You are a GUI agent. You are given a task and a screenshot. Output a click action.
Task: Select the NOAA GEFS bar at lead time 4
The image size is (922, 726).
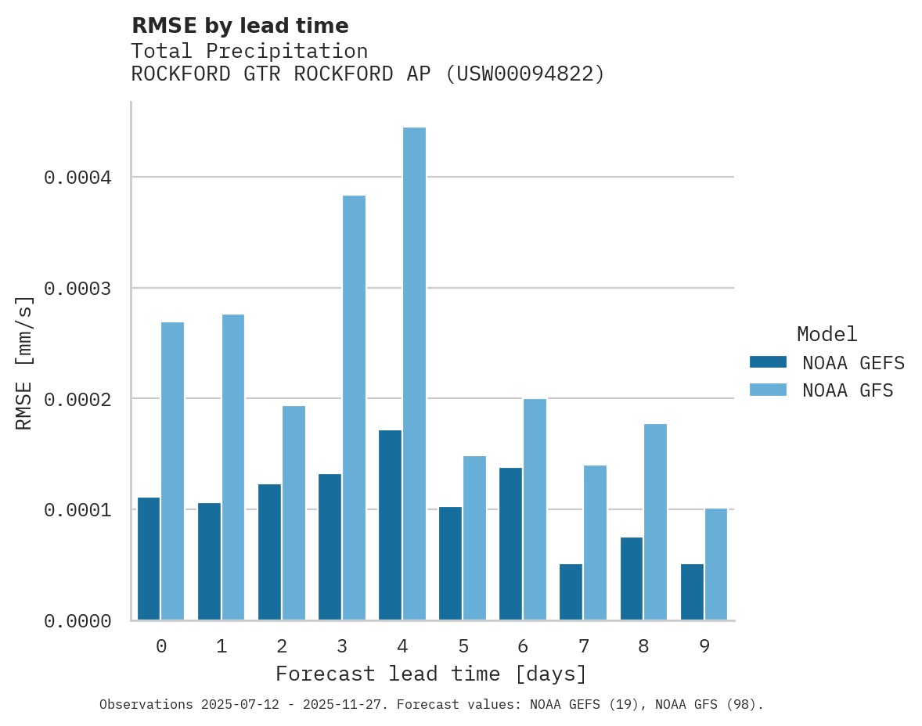click(390, 525)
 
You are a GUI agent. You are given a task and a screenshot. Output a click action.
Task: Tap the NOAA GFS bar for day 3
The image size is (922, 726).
click(354, 408)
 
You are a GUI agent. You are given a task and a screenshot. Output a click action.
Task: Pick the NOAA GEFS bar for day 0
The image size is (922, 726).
click(149, 559)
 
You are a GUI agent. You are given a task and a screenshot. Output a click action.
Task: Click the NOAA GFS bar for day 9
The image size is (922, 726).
click(716, 564)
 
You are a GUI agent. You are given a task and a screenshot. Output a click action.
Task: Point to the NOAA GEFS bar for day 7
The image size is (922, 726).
click(571, 591)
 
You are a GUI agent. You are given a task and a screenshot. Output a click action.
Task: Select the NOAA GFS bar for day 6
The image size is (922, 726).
click(535, 509)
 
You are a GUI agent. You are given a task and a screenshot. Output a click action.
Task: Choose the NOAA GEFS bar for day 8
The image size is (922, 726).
click(632, 578)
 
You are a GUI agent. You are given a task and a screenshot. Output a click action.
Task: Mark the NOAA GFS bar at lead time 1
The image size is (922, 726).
click(233, 467)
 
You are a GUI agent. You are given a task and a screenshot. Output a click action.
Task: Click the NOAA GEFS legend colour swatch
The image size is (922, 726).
click(768, 362)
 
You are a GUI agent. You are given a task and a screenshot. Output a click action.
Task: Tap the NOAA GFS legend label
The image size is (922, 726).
click(847, 390)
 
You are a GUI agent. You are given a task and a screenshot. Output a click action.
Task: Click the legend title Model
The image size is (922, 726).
click(827, 335)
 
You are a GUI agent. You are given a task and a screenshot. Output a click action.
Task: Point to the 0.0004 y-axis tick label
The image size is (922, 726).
click(77, 178)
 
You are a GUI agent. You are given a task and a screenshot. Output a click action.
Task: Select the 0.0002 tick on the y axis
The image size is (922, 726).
click(77, 399)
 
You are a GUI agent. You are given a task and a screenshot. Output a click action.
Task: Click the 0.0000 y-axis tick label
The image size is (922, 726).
click(77, 621)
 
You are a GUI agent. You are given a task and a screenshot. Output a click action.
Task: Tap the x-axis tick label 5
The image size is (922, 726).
click(463, 647)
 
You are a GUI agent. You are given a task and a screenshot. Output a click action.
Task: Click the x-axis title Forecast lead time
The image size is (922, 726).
click(430, 674)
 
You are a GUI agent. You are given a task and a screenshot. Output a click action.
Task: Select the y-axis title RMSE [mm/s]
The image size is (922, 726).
click(24, 362)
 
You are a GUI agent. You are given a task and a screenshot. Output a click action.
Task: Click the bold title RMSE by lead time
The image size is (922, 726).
click(240, 26)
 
